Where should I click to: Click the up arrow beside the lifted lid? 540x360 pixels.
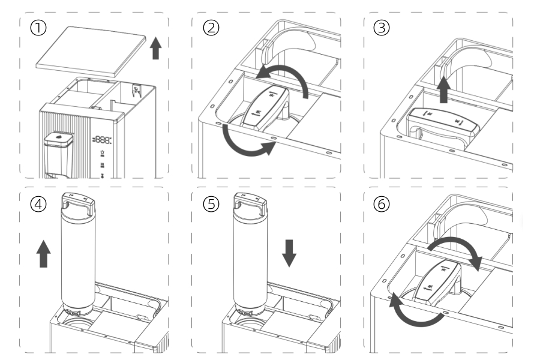(x=156, y=49)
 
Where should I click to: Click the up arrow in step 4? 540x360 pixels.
(x=44, y=254)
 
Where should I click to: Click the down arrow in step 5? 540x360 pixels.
(x=289, y=253)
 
